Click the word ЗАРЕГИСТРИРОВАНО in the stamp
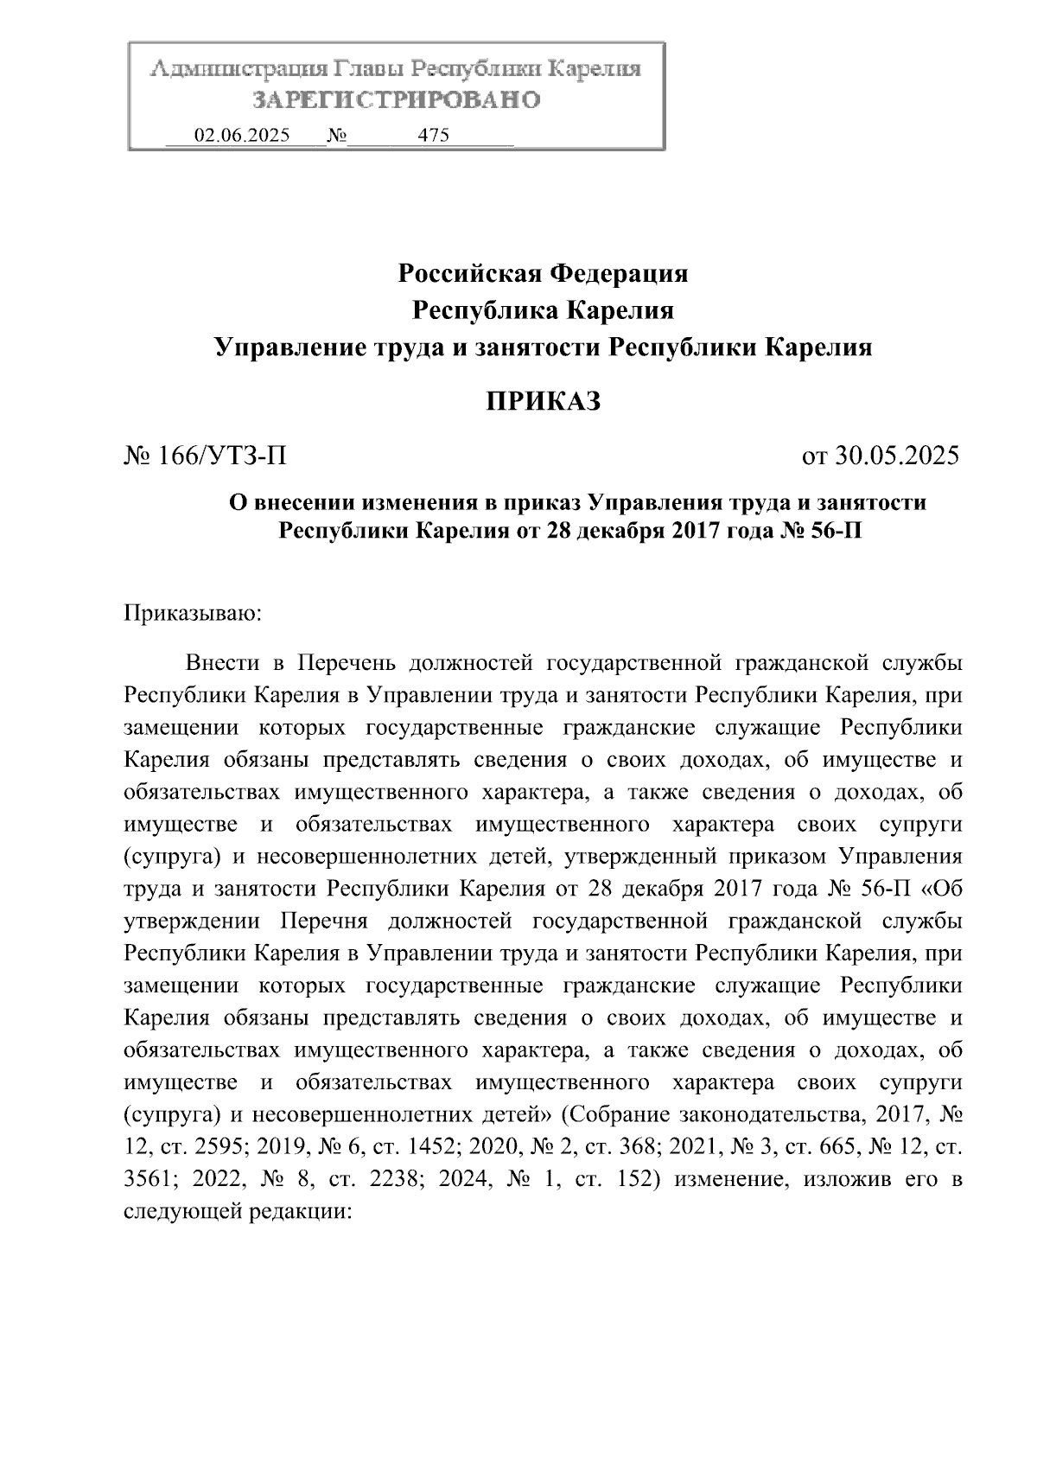click(397, 99)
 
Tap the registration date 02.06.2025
click(243, 136)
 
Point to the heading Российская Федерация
click(543, 274)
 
